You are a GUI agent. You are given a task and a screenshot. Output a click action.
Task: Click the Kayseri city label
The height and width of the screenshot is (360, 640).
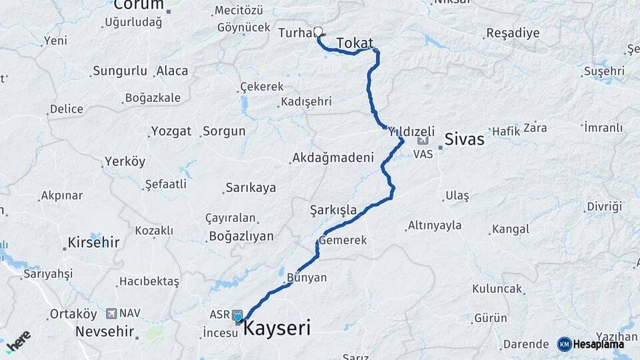[x=277, y=327]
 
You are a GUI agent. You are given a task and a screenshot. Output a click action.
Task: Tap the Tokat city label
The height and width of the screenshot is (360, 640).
[x=355, y=43]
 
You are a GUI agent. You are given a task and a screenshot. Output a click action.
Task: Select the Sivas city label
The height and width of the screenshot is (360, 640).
[x=464, y=139]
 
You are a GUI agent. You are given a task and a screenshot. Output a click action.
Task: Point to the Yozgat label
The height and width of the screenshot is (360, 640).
[x=171, y=131]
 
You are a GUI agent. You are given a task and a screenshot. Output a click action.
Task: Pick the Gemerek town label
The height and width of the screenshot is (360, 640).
[x=343, y=239]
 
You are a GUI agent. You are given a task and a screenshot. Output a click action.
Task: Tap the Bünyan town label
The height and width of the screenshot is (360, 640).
[x=307, y=277]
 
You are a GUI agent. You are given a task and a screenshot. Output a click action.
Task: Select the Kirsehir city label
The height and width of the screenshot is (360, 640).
[x=94, y=242]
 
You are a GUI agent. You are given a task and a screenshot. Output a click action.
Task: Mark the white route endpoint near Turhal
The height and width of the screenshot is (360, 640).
[x=318, y=31]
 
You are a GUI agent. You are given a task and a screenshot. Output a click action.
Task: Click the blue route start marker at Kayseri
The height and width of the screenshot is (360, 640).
[x=238, y=316]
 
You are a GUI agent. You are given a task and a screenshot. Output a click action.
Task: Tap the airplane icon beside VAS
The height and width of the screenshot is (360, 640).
[x=423, y=141]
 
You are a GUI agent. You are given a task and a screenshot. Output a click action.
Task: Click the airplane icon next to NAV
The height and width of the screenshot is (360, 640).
[x=110, y=313]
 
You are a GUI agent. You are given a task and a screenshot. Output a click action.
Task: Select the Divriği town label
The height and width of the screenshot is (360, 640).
[x=604, y=207]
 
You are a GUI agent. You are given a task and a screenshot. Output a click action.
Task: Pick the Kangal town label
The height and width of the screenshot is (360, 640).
[x=511, y=229]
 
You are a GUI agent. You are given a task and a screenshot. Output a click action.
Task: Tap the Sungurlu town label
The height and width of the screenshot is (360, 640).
[x=120, y=71]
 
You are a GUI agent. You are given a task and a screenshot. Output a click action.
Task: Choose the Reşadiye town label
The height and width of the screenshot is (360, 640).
[x=513, y=33]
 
